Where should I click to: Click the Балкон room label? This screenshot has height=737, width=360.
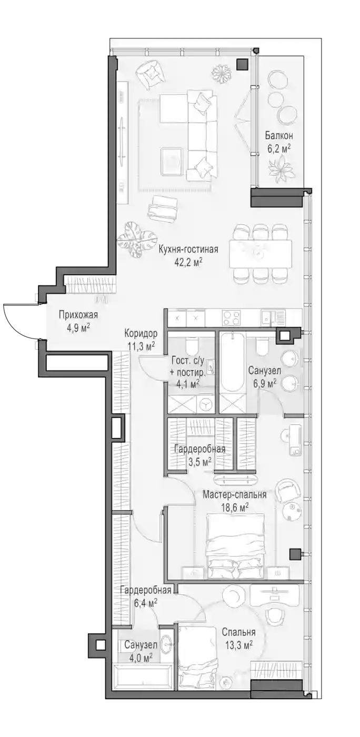point(279,135)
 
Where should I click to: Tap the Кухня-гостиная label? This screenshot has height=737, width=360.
point(188,249)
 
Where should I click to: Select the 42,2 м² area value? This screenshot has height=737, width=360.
point(188,262)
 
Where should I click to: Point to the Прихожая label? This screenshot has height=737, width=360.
point(78,315)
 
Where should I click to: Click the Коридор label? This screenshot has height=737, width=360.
point(141,333)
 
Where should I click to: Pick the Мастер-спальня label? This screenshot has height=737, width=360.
point(234,494)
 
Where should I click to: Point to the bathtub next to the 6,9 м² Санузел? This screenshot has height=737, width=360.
point(232,363)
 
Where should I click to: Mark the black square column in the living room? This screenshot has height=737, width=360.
point(243,64)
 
